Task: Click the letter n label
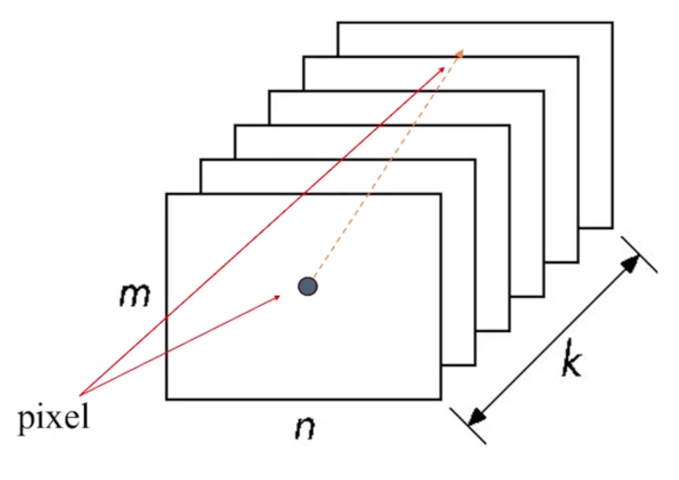pos(305,429)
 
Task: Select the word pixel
pos(53,420)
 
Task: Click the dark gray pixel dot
pos(307,286)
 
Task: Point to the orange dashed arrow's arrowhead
pos(459,52)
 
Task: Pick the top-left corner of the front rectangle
pos(167,194)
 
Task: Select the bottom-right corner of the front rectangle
pos(441,399)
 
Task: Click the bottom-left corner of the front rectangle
pos(167,399)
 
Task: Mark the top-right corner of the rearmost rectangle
pos(611,23)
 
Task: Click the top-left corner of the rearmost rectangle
pos(338,23)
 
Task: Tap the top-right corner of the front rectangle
pos(441,194)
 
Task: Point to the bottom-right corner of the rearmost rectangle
pos(611,228)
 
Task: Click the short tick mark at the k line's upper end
pos(639,254)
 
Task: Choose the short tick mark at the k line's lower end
pos(469,426)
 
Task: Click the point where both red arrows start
pos(80,394)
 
